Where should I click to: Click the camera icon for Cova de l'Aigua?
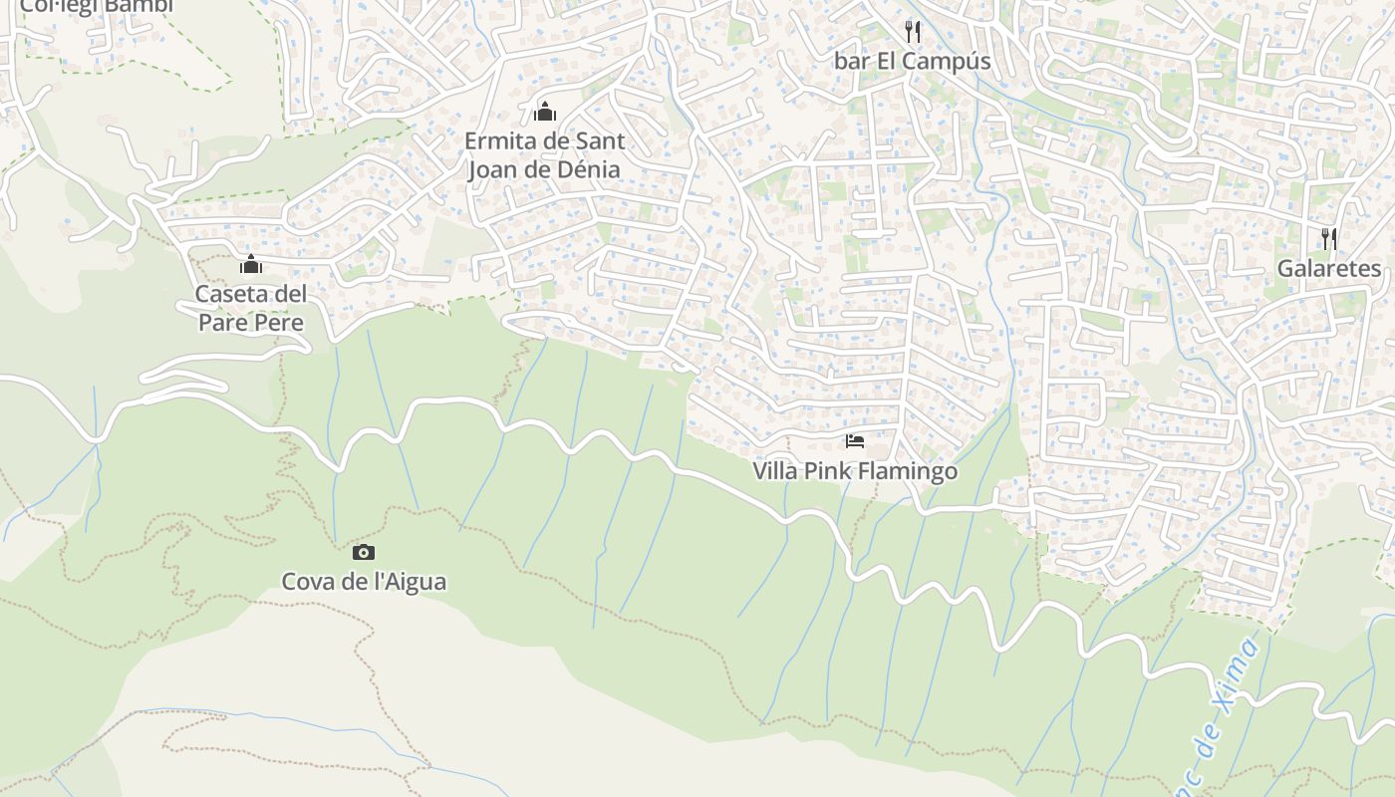[x=364, y=552]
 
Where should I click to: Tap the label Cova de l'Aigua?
[x=364, y=582]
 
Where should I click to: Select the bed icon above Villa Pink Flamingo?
[x=854, y=441]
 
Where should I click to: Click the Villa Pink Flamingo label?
[x=855, y=471]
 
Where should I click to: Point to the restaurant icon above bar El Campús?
[x=912, y=32]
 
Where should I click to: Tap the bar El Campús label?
[x=912, y=62]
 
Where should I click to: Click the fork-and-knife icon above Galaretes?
[x=1329, y=239]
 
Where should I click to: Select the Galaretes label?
[x=1329, y=269]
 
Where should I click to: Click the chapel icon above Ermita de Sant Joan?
[x=545, y=112]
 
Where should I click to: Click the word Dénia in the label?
[x=587, y=170]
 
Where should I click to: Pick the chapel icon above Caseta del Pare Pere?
[x=251, y=265]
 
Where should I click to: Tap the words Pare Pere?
[x=251, y=323]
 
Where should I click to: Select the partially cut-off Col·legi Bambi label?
[x=97, y=7]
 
